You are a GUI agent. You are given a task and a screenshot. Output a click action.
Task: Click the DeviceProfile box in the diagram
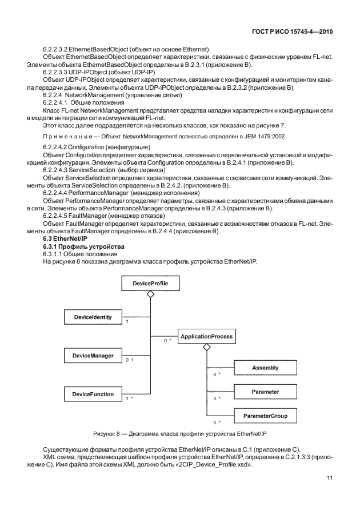(150, 283)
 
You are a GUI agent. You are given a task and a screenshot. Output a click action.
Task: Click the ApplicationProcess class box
(206, 337)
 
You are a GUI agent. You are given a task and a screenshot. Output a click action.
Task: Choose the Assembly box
(265, 369)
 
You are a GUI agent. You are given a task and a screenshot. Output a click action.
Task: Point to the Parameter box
(265, 392)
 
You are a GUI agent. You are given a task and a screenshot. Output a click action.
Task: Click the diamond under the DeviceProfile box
(150, 294)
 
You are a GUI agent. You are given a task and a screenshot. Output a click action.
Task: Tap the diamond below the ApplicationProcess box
(206, 348)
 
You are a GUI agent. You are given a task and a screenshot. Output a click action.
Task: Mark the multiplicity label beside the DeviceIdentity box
(126, 322)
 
